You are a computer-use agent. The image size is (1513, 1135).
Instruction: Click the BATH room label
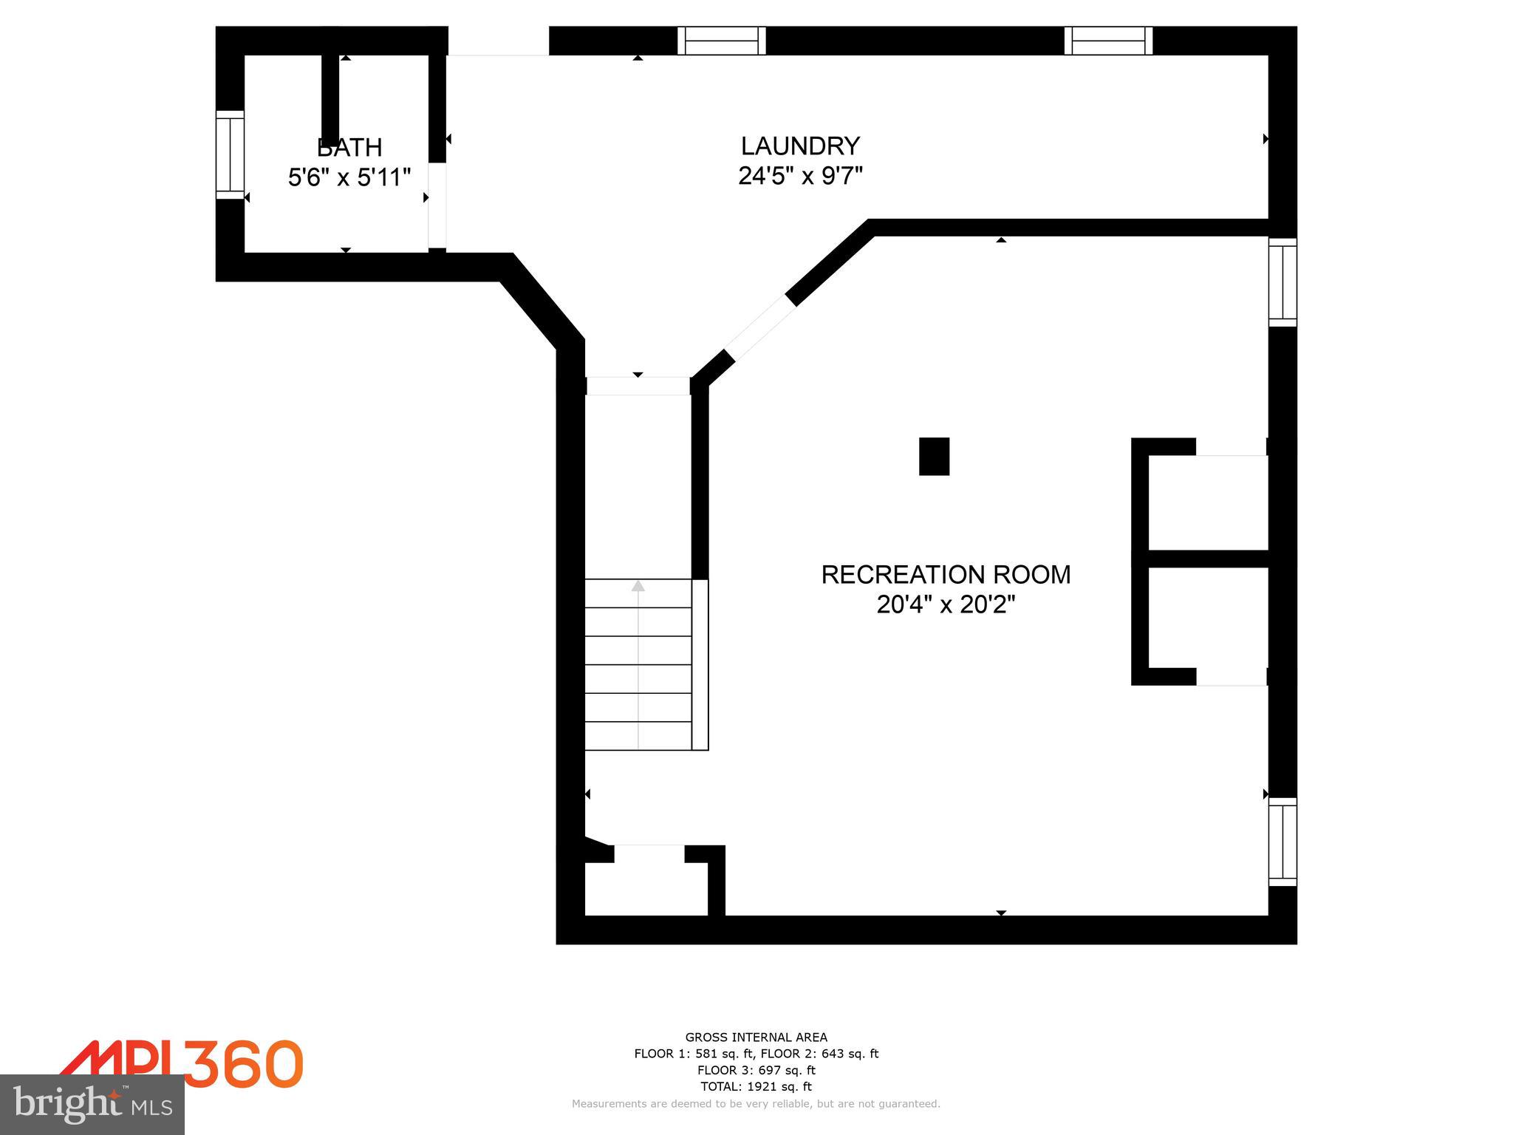pyautogui.click(x=349, y=148)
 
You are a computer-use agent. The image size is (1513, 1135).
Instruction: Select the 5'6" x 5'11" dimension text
pyautogui.click(x=349, y=177)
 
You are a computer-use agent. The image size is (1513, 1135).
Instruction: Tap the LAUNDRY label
pyautogui.click(x=801, y=146)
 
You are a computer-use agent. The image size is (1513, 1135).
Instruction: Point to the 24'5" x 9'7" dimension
pyautogui.click(x=801, y=176)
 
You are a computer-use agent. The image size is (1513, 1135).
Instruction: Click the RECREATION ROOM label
pyautogui.click(x=946, y=574)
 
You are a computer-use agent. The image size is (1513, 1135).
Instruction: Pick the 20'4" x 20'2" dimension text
pyautogui.click(x=946, y=604)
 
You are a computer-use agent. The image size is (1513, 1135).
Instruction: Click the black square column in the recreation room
pyautogui.click(x=934, y=456)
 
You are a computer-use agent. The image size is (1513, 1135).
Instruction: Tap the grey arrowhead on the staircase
pyautogui.click(x=638, y=586)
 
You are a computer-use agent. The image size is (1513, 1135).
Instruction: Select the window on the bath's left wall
pyautogui.click(x=230, y=154)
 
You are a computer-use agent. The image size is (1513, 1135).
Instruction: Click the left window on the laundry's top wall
pyautogui.click(x=722, y=41)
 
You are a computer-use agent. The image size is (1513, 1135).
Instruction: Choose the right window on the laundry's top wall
pyautogui.click(x=1108, y=41)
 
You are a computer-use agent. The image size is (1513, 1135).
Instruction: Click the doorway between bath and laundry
pyautogui.click(x=437, y=205)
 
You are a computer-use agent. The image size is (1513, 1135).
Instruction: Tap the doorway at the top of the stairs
pyautogui.click(x=638, y=386)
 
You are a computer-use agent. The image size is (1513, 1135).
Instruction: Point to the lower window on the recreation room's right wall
pyautogui.click(x=1283, y=842)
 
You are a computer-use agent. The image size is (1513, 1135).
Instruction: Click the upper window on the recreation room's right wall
pyautogui.click(x=1283, y=282)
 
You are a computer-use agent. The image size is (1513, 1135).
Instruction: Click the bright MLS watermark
pyautogui.click(x=92, y=1105)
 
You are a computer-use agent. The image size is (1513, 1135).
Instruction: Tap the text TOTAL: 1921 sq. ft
pyautogui.click(x=756, y=1086)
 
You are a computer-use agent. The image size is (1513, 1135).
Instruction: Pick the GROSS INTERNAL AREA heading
pyautogui.click(x=756, y=1037)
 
